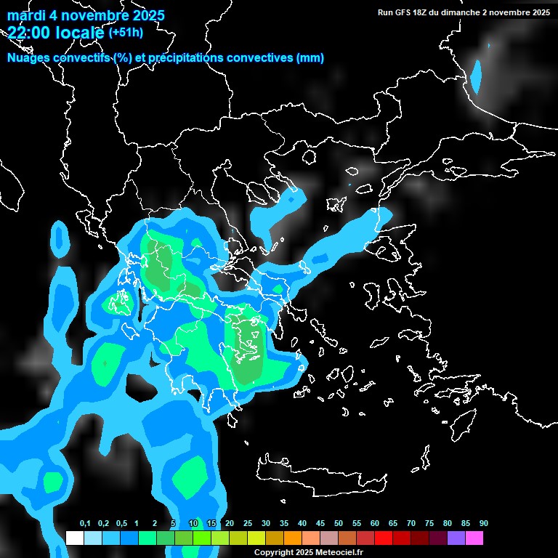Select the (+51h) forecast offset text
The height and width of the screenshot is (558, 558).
125,32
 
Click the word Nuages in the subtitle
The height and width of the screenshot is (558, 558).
30,58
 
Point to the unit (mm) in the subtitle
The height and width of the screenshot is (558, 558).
310,58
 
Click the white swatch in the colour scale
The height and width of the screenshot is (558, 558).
74,538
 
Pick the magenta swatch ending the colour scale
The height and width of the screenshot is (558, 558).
474,538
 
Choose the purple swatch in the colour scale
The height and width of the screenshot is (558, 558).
456,538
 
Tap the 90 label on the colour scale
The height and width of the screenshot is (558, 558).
483,524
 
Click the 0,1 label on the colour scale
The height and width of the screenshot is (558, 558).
85,524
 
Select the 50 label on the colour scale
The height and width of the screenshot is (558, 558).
339,524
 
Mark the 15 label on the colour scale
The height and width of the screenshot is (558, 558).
211,524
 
